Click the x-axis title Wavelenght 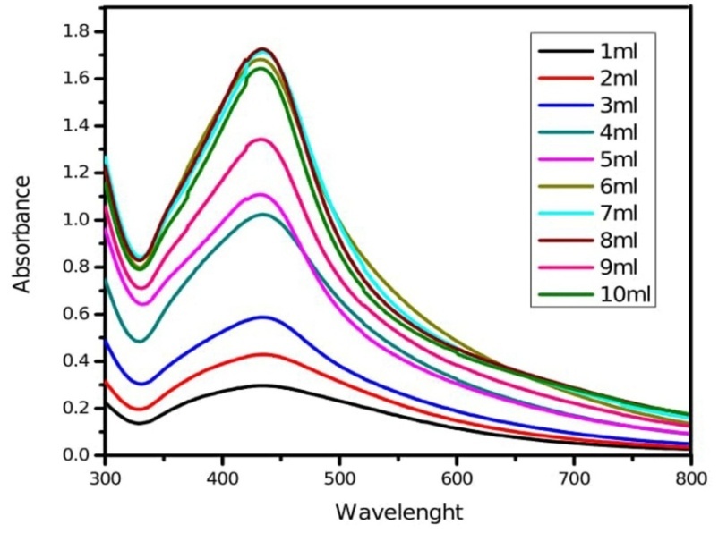[x=399, y=513]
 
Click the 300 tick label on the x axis [x=106, y=478]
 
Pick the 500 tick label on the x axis [x=339, y=478]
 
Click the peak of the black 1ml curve [x=265, y=385]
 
